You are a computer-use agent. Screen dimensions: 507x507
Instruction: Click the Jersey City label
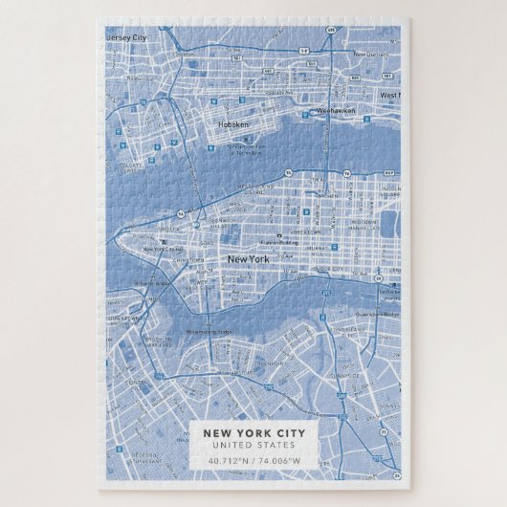coord(126,37)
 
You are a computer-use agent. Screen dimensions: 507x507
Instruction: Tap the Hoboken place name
coord(233,124)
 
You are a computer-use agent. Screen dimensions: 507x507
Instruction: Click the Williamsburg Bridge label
coord(210,332)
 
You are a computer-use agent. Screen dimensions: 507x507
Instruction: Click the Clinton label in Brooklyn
coord(137,384)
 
